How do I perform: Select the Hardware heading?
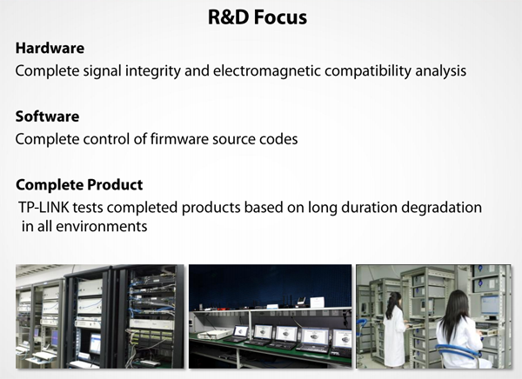coord(50,49)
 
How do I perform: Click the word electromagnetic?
coord(267,71)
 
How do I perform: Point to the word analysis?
coord(441,71)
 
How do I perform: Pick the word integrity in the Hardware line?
coord(153,71)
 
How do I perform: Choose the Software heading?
coord(47,116)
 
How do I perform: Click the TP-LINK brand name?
coord(43,207)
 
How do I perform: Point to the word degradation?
coord(441,208)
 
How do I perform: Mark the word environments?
coord(102,227)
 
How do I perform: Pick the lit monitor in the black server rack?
coord(95,343)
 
